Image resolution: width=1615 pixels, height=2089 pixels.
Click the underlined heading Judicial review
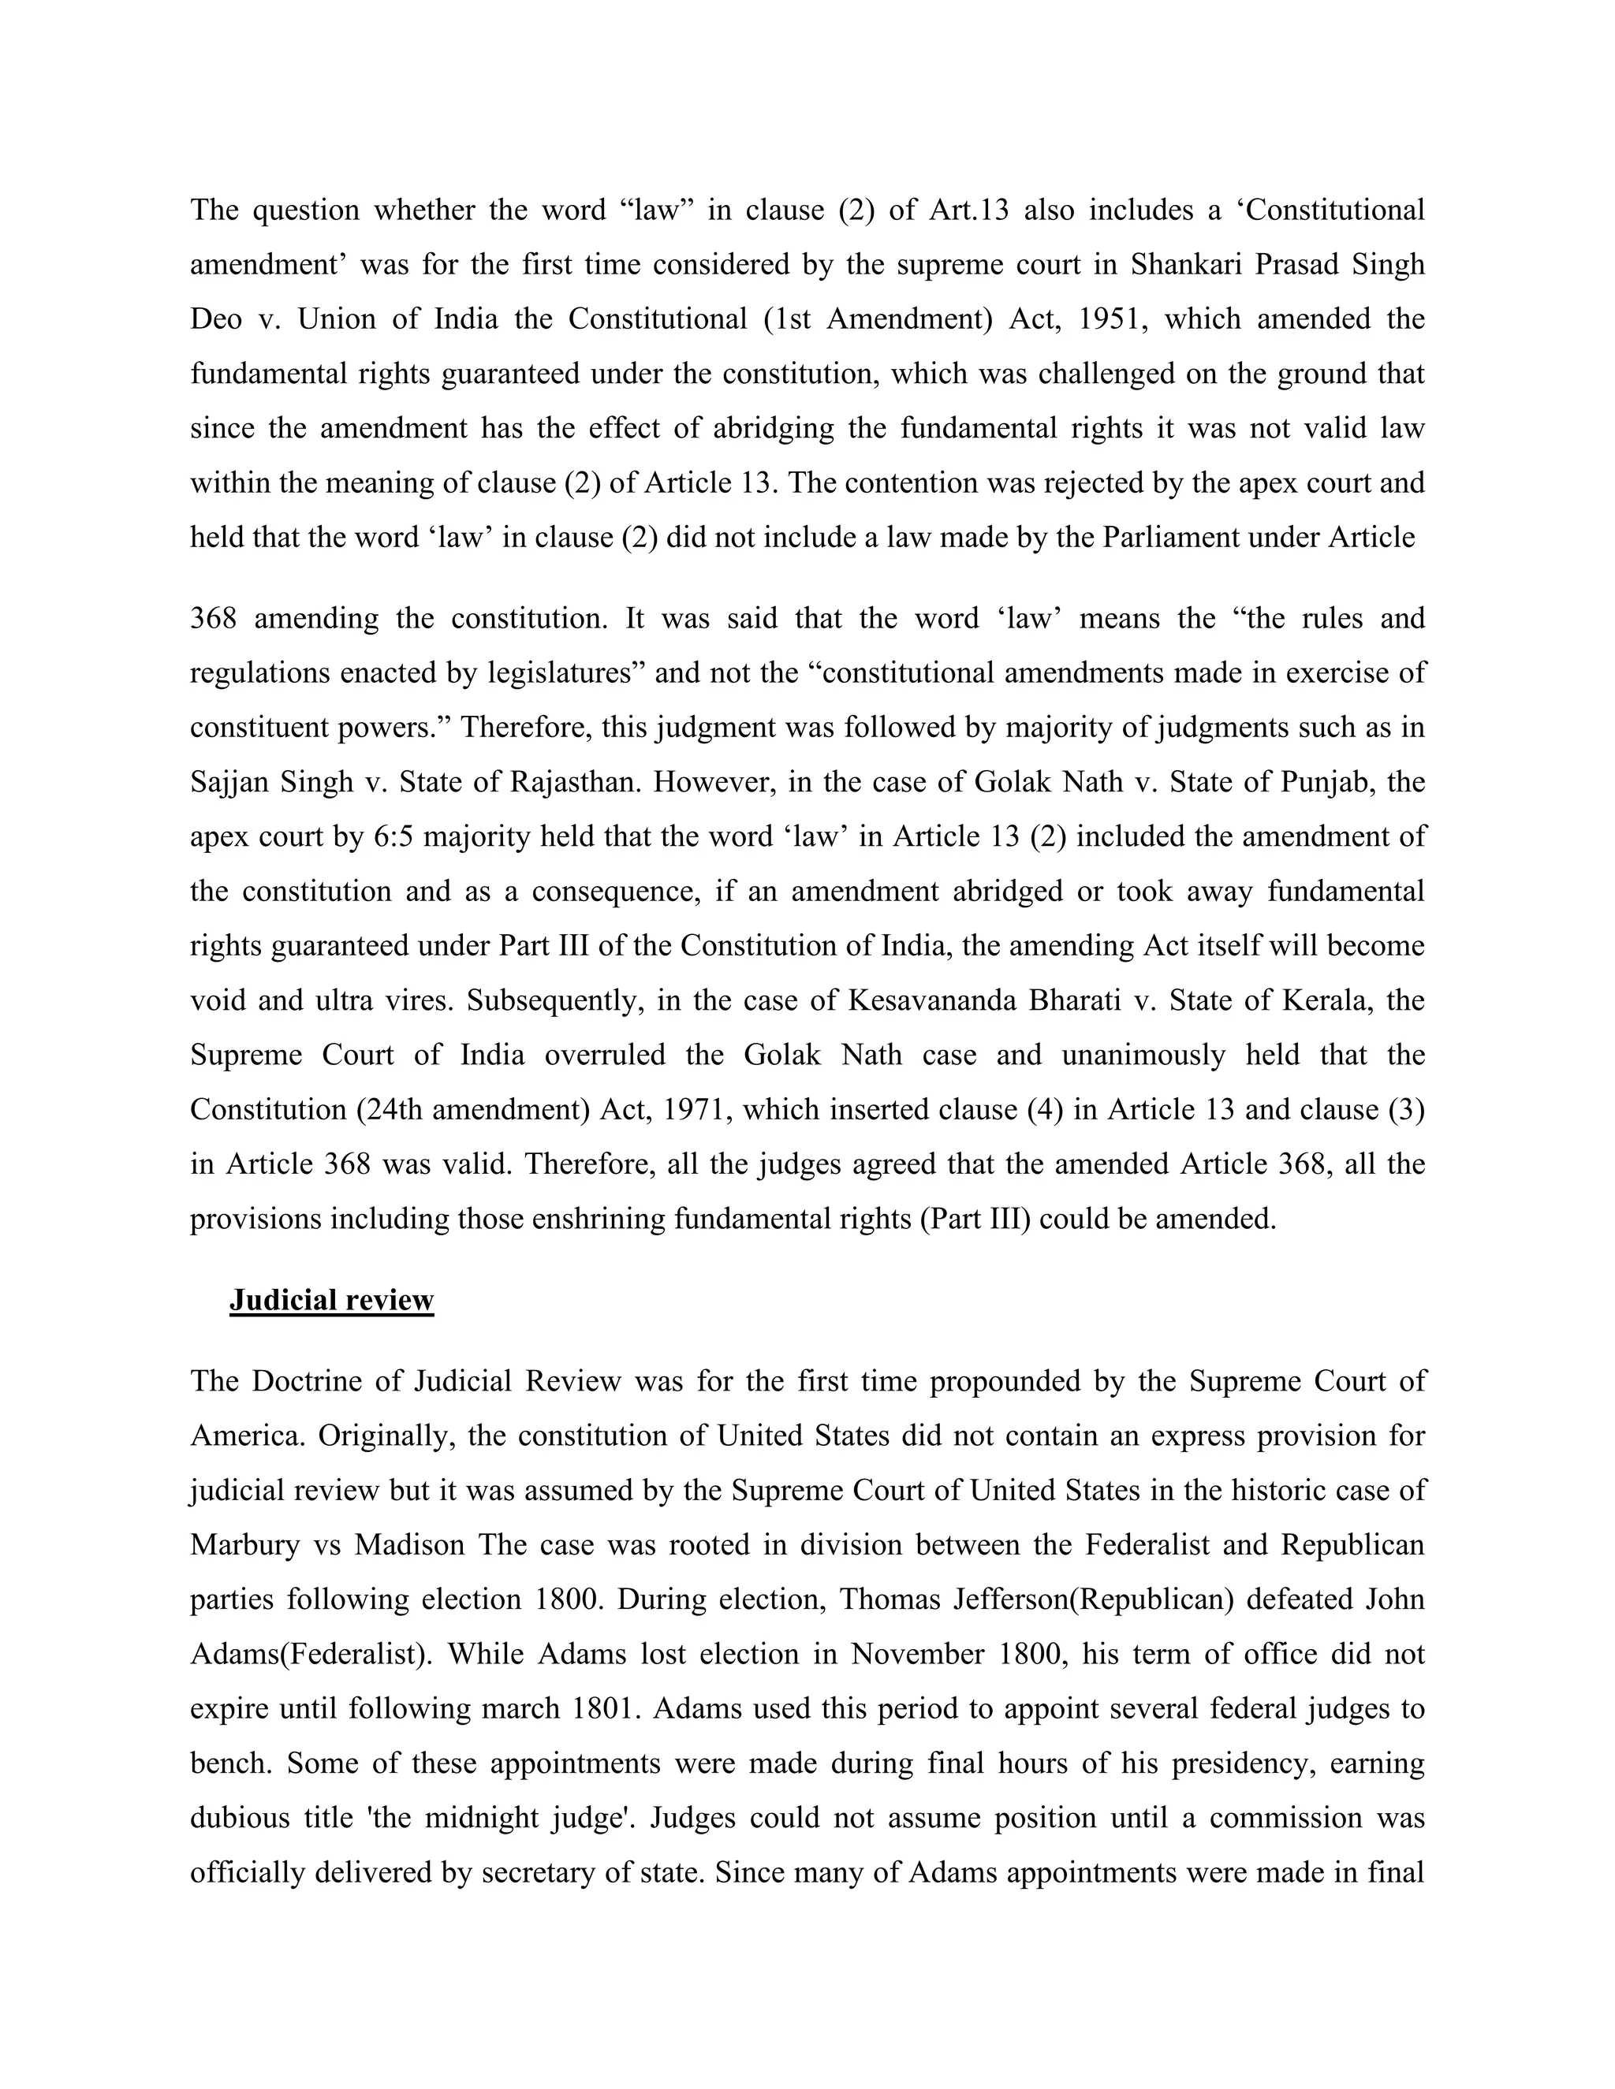pyautogui.click(x=331, y=1300)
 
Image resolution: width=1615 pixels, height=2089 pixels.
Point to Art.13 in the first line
pyautogui.click(x=968, y=210)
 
